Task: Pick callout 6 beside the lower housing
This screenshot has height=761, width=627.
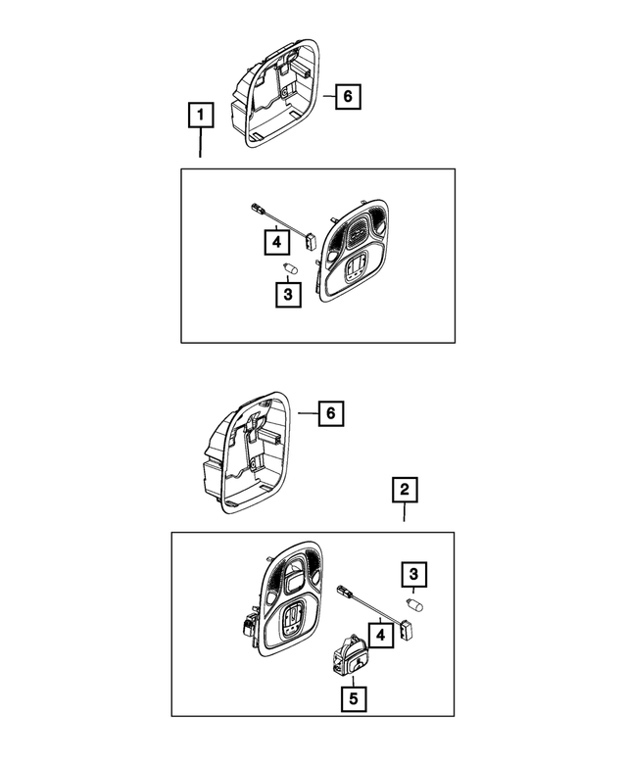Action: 330,414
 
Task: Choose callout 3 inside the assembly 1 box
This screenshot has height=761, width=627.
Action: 287,295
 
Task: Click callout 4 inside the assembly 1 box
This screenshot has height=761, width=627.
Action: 277,239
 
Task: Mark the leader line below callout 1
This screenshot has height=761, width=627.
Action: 200,144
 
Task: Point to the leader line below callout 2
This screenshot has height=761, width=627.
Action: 404,515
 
